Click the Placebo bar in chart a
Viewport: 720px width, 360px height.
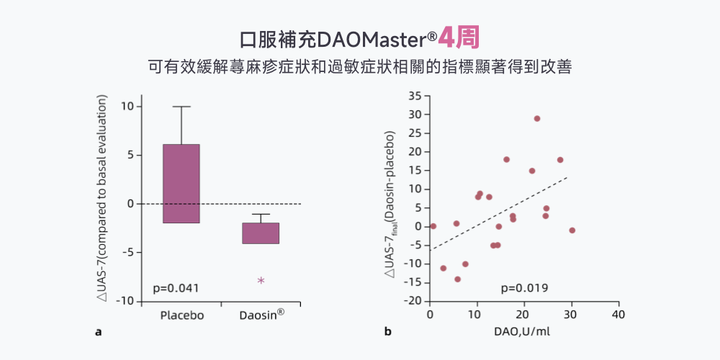point(181,184)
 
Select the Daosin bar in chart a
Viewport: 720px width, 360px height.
point(261,233)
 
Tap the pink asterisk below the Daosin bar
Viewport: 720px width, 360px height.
point(261,281)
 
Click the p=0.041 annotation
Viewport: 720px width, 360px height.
point(176,288)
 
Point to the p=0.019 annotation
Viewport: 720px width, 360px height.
point(525,288)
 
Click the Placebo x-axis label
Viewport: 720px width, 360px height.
point(182,315)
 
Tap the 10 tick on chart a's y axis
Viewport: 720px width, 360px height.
point(127,106)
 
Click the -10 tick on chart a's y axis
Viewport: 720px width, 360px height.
point(124,301)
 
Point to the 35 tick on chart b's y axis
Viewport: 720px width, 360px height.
point(414,96)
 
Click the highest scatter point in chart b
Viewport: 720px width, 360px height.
point(537,119)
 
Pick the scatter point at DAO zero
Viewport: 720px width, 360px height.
point(433,226)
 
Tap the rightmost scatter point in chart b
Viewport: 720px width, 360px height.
point(572,230)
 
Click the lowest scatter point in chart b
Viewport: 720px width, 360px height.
point(457,279)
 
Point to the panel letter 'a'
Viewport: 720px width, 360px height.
point(98,332)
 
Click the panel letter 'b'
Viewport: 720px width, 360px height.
point(387,332)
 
